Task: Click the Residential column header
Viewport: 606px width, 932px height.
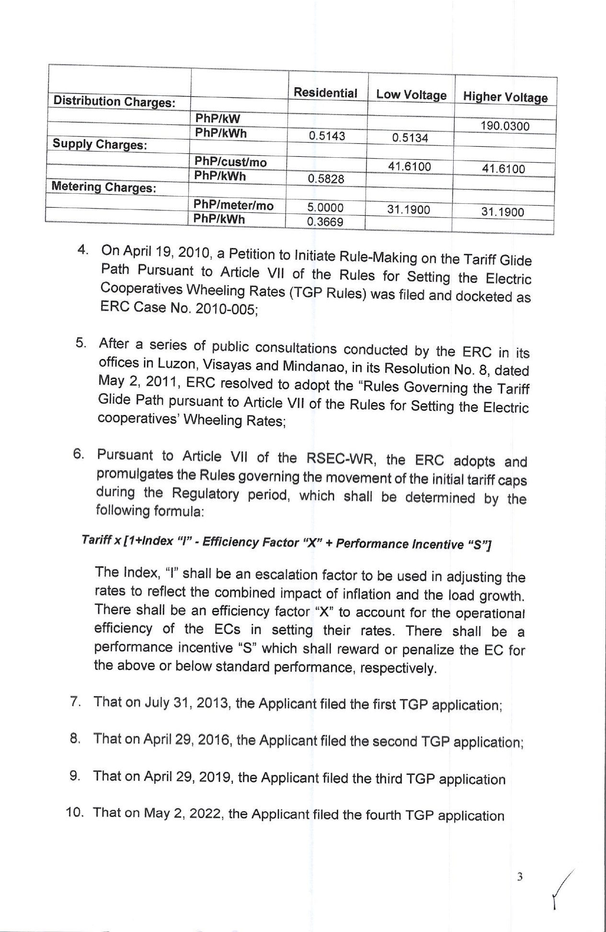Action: (325, 93)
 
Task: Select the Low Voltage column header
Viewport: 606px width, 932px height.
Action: (411, 95)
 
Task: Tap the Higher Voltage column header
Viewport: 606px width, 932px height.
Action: (505, 97)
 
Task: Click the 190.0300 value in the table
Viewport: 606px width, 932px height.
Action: (505, 127)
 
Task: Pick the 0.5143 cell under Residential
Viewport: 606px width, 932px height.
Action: (327, 136)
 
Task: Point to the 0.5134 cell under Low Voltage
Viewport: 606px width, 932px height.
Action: (410, 138)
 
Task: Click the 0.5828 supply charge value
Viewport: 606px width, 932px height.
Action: (326, 179)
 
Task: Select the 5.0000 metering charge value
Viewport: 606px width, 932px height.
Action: (325, 208)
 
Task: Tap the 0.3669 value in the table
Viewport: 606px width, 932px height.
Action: (325, 222)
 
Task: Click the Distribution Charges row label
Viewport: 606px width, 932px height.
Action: (114, 102)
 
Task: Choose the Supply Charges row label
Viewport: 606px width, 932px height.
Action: (100, 144)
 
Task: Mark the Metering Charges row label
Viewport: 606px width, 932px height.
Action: (103, 187)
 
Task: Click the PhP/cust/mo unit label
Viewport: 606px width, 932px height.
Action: (230, 162)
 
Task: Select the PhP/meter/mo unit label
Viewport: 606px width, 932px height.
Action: (233, 205)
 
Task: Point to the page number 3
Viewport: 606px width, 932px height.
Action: (520, 877)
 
